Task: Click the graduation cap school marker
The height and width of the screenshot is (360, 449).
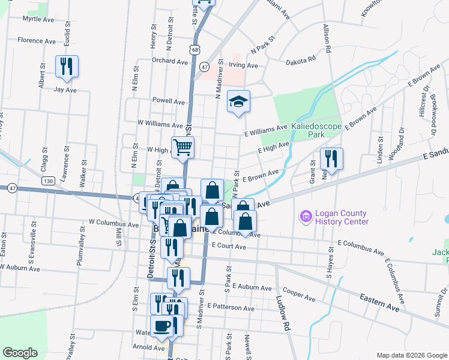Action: coord(238,102)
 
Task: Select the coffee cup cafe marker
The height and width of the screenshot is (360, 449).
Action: coord(161,326)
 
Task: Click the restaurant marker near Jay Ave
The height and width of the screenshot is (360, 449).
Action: coord(67,65)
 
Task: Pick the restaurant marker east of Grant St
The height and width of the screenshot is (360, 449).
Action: coord(331,158)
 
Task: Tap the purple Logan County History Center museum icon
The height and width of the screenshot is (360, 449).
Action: coord(305,215)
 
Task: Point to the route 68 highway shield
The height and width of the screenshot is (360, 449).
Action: coord(195,51)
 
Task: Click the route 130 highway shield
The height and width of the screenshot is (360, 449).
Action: coord(48,180)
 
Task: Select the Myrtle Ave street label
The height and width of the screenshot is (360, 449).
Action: coord(38,19)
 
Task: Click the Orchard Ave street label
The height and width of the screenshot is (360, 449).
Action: coord(170,61)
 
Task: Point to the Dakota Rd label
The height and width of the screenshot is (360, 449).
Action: coord(300,59)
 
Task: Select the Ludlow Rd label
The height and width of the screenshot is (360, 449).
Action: coord(283,306)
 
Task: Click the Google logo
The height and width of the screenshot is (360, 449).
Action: coord(20,353)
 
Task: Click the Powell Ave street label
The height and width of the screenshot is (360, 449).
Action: coord(169,101)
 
